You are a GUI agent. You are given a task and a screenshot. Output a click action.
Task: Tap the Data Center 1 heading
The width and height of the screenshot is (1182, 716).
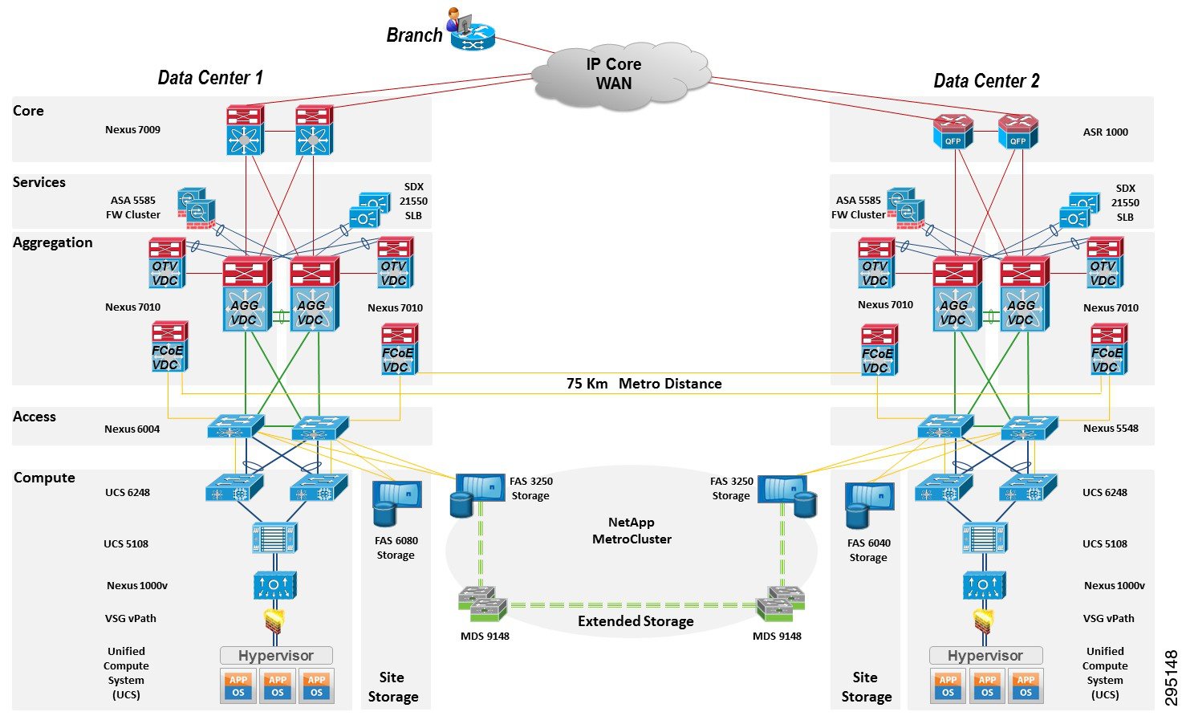(210, 78)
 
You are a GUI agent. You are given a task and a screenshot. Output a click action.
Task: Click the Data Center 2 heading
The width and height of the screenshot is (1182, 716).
(986, 81)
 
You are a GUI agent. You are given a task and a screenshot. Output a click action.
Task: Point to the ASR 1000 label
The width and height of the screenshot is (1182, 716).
(1105, 132)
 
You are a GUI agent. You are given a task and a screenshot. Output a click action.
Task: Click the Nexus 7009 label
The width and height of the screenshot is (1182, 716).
(132, 130)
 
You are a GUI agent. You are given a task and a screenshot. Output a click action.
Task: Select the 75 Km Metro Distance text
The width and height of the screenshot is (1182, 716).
(644, 384)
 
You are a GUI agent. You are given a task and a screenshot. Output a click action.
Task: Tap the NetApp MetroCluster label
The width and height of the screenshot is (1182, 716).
(632, 531)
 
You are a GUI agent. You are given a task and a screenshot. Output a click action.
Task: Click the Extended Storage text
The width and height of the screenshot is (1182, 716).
(636, 621)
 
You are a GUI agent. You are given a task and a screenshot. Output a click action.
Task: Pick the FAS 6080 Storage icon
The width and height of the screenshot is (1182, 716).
(396, 502)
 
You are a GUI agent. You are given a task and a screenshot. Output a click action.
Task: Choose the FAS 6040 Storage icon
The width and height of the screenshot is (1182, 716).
(869, 506)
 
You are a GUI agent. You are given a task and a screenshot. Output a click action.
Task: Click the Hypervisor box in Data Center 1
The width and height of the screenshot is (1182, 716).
(276, 656)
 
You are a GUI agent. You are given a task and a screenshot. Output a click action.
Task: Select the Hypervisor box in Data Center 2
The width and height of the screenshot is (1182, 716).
(985, 656)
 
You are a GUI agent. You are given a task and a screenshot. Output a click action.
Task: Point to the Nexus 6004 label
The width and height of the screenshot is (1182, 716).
(132, 429)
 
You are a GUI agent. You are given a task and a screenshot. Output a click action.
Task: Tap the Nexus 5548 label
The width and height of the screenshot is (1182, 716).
(1111, 429)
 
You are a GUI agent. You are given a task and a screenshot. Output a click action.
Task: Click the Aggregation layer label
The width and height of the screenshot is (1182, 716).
(53, 242)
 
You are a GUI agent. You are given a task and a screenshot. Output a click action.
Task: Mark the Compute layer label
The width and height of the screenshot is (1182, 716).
(44, 478)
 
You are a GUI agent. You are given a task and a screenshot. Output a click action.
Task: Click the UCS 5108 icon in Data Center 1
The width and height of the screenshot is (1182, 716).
(274, 538)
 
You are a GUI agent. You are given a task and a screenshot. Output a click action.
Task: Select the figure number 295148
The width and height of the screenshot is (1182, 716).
(1171, 677)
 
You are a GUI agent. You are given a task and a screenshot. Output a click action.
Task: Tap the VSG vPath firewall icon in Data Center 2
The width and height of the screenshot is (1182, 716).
(984, 620)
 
